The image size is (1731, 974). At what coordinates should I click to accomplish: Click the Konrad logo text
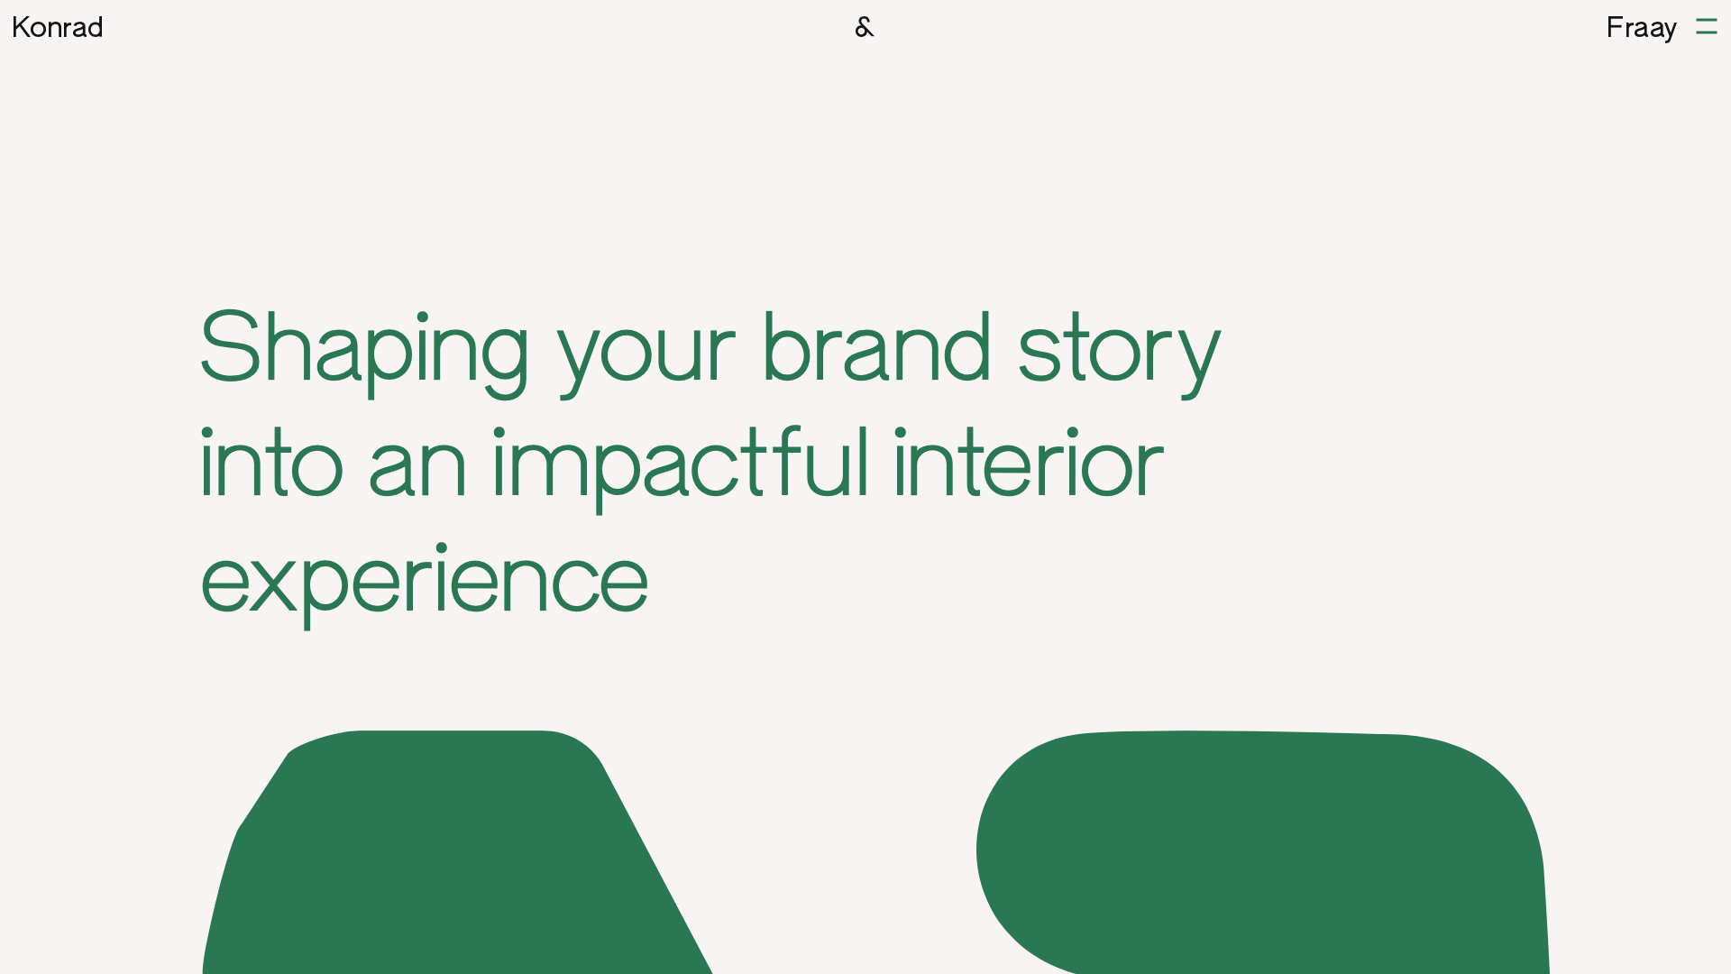click(58, 27)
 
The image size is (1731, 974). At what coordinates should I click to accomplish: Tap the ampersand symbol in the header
click(865, 27)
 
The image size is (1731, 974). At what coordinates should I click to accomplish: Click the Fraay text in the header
click(1641, 28)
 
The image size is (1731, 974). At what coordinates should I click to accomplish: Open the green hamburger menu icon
click(1707, 26)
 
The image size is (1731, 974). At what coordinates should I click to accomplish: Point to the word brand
click(877, 345)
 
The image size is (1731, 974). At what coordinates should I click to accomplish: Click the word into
click(271, 462)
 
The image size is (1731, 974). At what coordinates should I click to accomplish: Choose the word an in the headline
click(417, 468)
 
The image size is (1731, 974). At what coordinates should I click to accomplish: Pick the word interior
click(1029, 462)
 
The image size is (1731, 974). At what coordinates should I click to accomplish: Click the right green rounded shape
click(1262, 852)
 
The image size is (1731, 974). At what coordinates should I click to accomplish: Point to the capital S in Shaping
click(230, 345)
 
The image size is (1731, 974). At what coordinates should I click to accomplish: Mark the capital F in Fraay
click(1615, 27)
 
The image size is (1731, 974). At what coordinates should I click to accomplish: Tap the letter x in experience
click(272, 584)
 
